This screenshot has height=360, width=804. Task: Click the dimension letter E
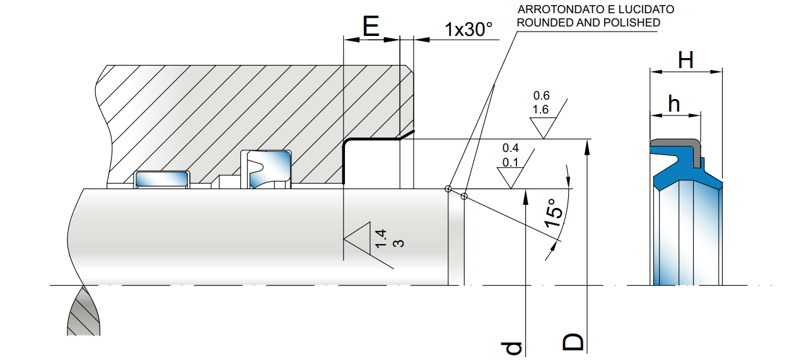point(371,26)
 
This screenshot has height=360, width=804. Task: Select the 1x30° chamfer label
point(468,29)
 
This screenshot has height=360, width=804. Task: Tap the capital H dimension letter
point(685,61)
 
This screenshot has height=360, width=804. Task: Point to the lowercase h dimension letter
point(673,103)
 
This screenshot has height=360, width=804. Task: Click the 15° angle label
point(553,213)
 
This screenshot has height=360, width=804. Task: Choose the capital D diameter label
point(573,342)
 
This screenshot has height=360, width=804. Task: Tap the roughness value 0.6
point(541,96)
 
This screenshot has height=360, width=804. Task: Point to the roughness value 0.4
point(510,148)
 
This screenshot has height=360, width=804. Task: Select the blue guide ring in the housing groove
point(162,180)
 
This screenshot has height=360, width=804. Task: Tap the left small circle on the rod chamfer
point(448,189)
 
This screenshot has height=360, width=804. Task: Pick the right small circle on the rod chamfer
point(464,197)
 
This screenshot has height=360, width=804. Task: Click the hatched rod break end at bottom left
point(83,313)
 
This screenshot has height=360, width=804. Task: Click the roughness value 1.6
point(541,109)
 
